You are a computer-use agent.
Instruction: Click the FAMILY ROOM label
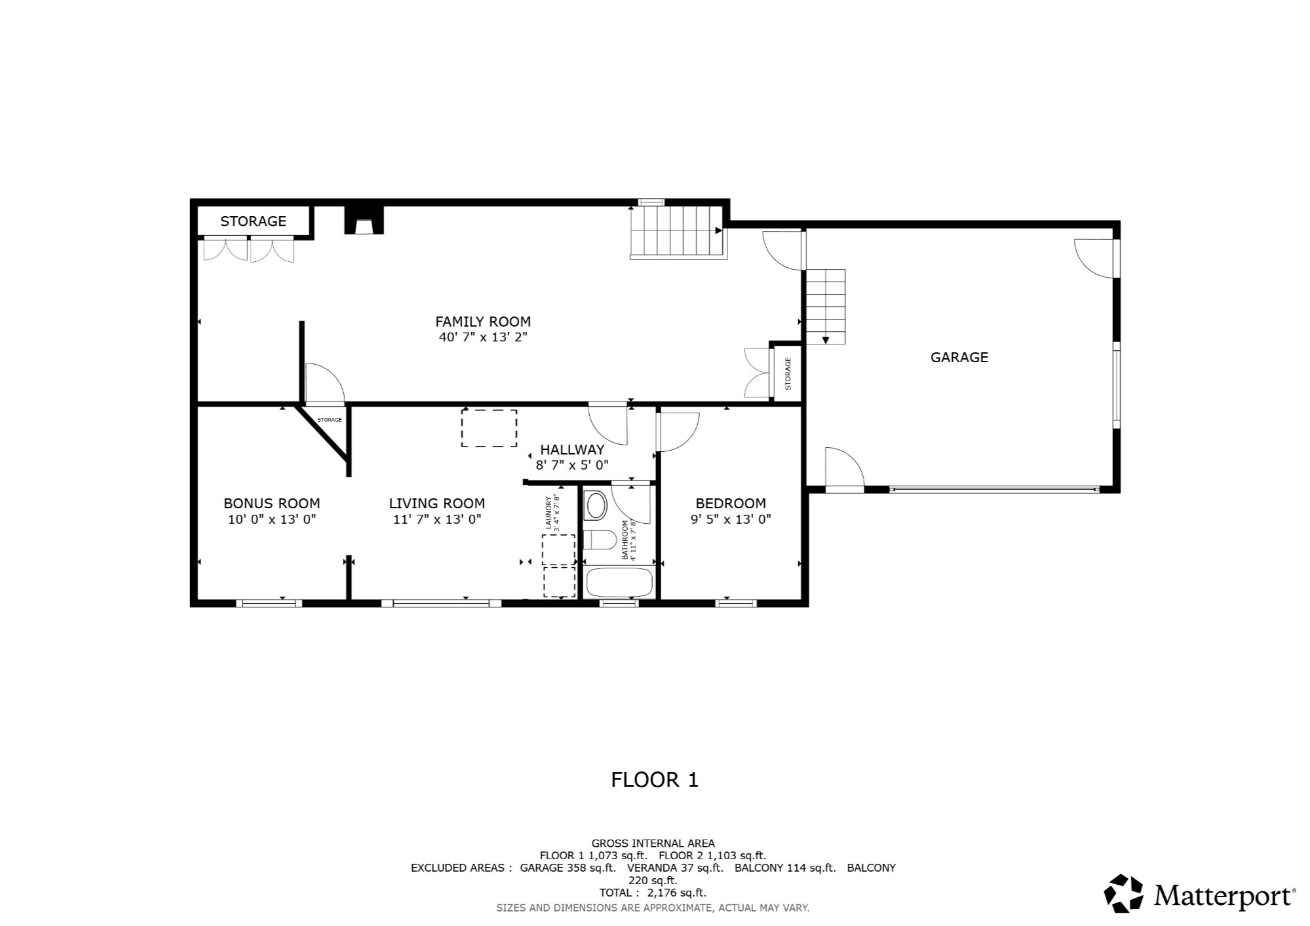pos(483,322)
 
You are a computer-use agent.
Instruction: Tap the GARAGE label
pos(959,357)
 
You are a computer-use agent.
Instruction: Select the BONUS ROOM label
pos(272,503)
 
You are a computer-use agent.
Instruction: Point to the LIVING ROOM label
pos(437,503)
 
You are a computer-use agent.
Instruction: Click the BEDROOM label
pos(731,503)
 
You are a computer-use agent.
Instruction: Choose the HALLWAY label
pos(572,449)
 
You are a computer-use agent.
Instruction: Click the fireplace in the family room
pos(364,220)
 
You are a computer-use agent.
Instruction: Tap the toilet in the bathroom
pos(599,540)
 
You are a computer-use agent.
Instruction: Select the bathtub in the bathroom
pos(619,582)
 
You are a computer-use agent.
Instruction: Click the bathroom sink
pos(596,506)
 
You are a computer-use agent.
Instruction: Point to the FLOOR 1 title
pos(655,779)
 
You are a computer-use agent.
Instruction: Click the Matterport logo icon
pos(1124,893)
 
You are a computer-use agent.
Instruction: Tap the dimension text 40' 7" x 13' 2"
pos(483,337)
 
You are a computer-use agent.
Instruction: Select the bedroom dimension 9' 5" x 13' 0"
pos(731,519)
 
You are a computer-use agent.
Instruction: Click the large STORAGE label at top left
pos(253,221)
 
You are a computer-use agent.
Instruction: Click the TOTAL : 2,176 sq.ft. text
pos(653,892)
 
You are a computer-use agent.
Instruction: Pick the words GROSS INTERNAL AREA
pos(653,843)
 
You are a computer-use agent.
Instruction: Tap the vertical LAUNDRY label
pos(549,513)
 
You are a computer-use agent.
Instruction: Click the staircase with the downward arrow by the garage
pos(826,306)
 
